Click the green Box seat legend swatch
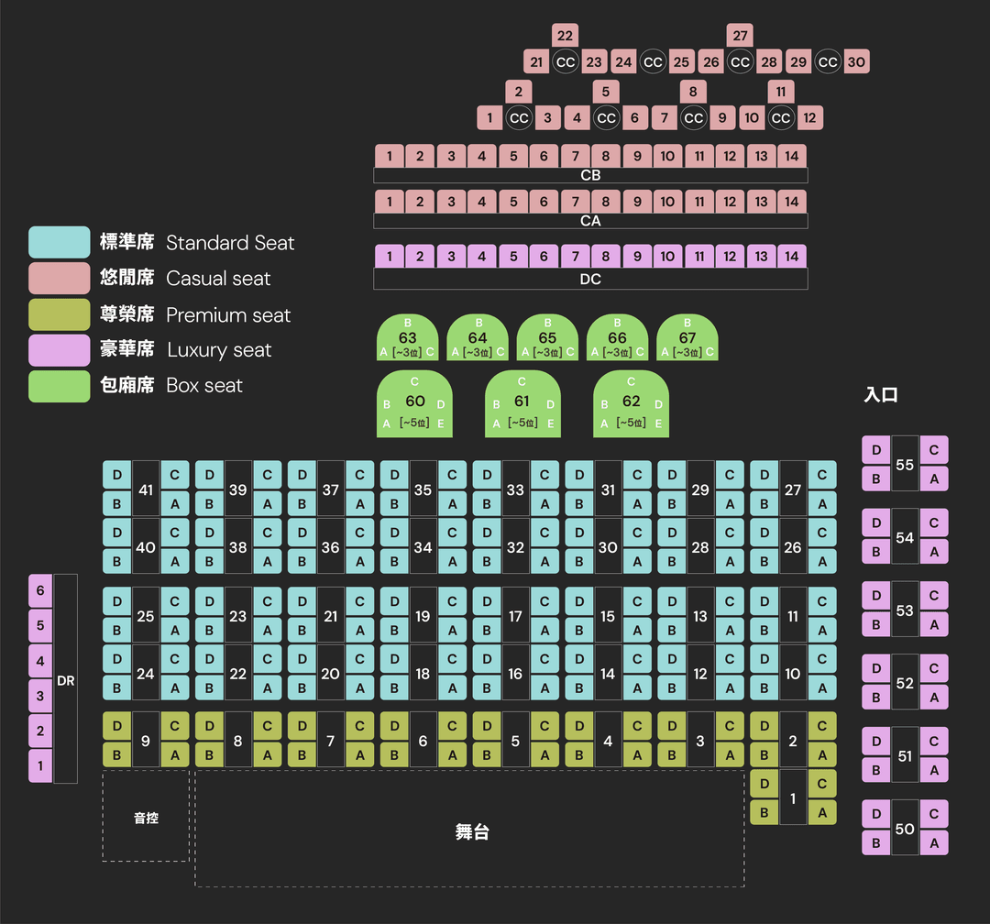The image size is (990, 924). [60, 386]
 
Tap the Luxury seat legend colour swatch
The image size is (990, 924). [60, 350]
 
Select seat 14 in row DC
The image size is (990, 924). [792, 257]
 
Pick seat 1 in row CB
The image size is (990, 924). [390, 156]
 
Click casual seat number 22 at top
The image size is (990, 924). [566, 36]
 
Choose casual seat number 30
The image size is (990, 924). [856, 62]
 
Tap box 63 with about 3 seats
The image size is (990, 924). [408, 338]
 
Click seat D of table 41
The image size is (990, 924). [117, 475]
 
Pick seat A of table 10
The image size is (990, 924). [822, 687]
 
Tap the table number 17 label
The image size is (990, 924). [515, 617]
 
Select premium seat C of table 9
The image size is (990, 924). [174, 726]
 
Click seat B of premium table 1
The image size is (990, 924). [764, 811]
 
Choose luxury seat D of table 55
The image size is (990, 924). [876, 450]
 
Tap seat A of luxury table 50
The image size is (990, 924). [934, 842]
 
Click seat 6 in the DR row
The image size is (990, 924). [40, 591]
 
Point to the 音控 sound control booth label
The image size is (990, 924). [146, 818]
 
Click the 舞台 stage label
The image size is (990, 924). [472, 831]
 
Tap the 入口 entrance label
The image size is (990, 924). [881, 395]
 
